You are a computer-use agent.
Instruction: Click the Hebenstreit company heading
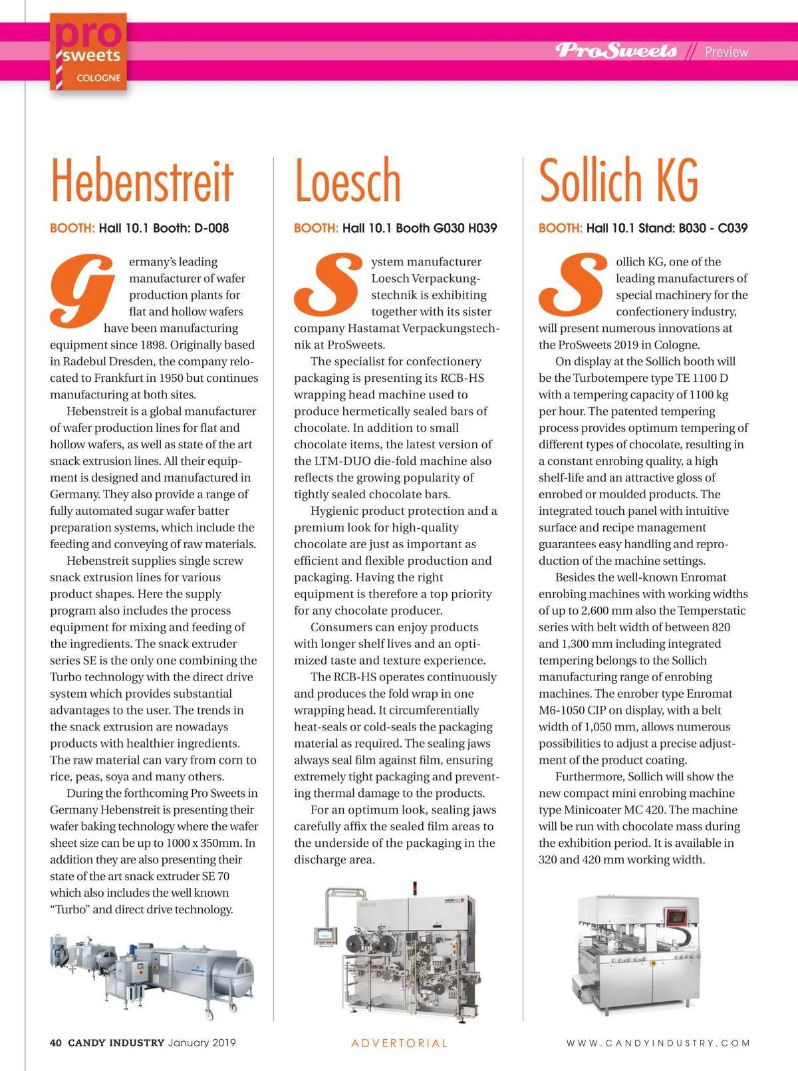point(142,181)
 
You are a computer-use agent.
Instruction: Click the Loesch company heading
point(348,181)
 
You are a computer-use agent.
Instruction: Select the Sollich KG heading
point(618,181)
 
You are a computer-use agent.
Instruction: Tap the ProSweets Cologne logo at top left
point(88,53)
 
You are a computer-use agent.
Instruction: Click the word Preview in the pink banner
point(726,52)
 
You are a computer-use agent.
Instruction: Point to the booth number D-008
point(211,228)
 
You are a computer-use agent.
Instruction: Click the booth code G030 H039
point(465,228)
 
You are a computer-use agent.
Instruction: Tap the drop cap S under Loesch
point(328,285)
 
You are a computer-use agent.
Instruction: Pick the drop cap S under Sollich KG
point(573,285)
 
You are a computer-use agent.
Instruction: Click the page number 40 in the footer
point(56,1042)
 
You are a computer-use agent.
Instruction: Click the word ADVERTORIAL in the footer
point(399,1043)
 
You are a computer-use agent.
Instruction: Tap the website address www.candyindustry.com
point(658,1043)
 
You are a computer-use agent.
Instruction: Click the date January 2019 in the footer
point(202,1042)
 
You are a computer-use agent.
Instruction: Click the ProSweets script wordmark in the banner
point(616,51)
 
